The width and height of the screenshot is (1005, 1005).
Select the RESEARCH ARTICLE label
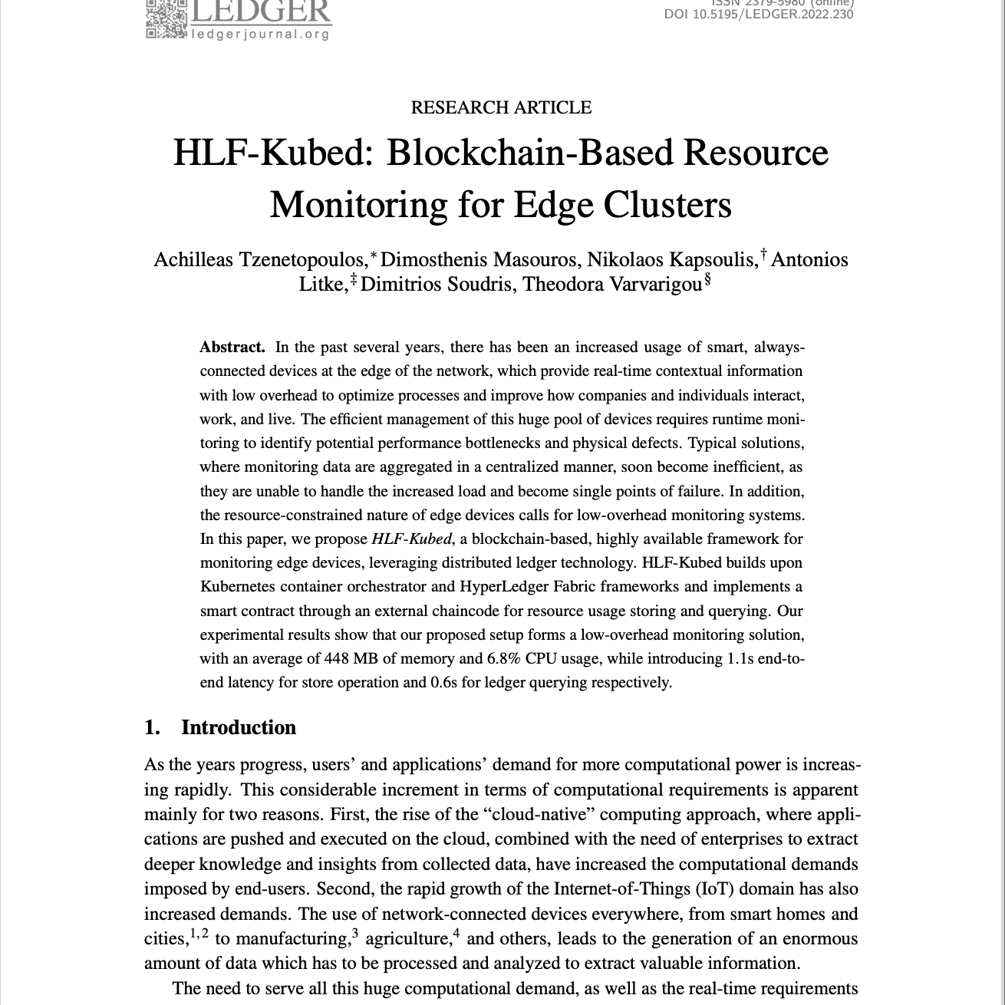click(501, 107)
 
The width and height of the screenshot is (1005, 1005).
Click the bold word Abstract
click(232, 347)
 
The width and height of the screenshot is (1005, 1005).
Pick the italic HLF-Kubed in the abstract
click(411, 539)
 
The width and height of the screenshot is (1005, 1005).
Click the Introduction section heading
click(238, 727)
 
